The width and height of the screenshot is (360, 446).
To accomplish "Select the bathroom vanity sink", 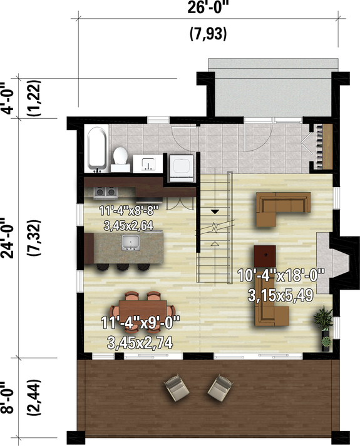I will point(148,164).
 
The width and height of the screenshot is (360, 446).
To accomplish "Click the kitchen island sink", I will point(131,242).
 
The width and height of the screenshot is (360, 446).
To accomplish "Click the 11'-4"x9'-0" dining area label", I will point(140,323).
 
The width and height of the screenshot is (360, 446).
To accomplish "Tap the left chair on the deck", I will point(176,389).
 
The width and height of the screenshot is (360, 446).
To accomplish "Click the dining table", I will point(143,309).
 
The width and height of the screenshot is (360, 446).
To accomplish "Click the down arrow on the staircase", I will point(214,211).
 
